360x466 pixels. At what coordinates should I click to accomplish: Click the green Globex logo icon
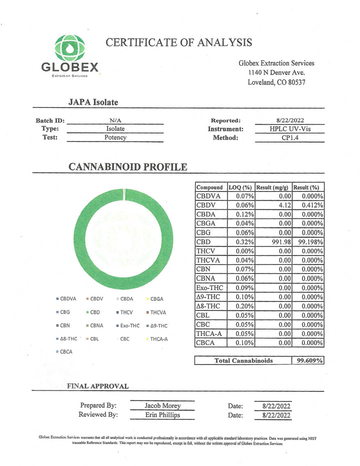tap(70, 48)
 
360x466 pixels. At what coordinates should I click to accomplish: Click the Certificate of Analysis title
tap(178, 42)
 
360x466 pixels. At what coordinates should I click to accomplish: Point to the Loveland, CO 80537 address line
tap(276, 82)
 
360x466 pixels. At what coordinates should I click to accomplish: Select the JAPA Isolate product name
tap(93, 102)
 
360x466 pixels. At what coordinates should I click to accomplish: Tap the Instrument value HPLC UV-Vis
tap(289, 129)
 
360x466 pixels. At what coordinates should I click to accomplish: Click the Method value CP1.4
tap(289, 138)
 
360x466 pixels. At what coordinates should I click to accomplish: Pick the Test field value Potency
tap(115, 137)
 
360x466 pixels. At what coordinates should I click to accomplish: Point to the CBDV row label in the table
tap(206, 205)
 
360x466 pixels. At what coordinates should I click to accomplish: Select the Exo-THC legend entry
tap(127, 325)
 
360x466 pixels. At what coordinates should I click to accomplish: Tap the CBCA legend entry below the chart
tap(65, 351)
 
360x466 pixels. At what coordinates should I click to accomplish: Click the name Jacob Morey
tap(162, 405)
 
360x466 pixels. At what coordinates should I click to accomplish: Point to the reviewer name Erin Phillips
tap(162, 415)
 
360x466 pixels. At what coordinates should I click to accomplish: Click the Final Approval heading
tap(98, 386)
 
